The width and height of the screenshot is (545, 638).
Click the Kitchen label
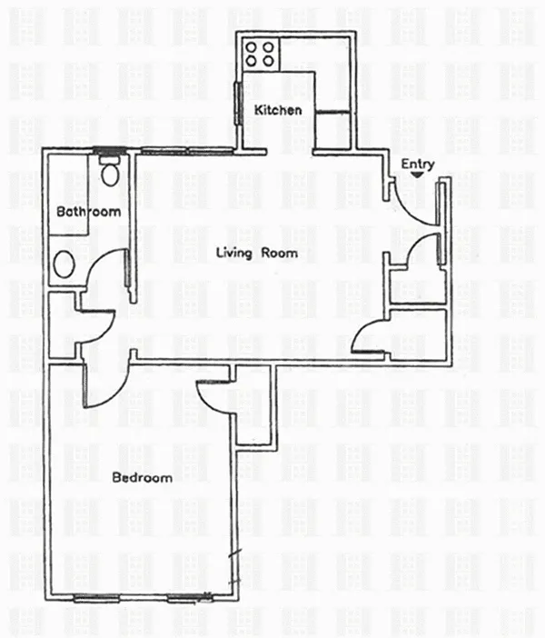[x=278, y=110]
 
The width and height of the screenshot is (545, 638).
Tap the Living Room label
[x=257, y=253]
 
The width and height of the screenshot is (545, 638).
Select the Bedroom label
[x=143, y=477]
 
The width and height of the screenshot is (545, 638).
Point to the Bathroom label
[x=89, y=211]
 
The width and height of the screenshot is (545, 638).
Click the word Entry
[x=418, y=164]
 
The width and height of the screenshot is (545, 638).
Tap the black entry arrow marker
[x=417, y=175]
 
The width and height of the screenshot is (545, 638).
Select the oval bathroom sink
[x=64, y=264]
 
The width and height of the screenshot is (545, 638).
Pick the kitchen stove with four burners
[x=260, y=55]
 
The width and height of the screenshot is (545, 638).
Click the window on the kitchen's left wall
[x=238, y=103]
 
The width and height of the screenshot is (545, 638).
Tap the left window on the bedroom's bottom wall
[x=96, y=598]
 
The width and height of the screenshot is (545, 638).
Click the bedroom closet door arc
[x=210, y=401]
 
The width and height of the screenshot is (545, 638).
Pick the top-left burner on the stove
[x=252, y=48]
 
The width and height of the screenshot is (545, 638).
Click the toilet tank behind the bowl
[x=109, y=160]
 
